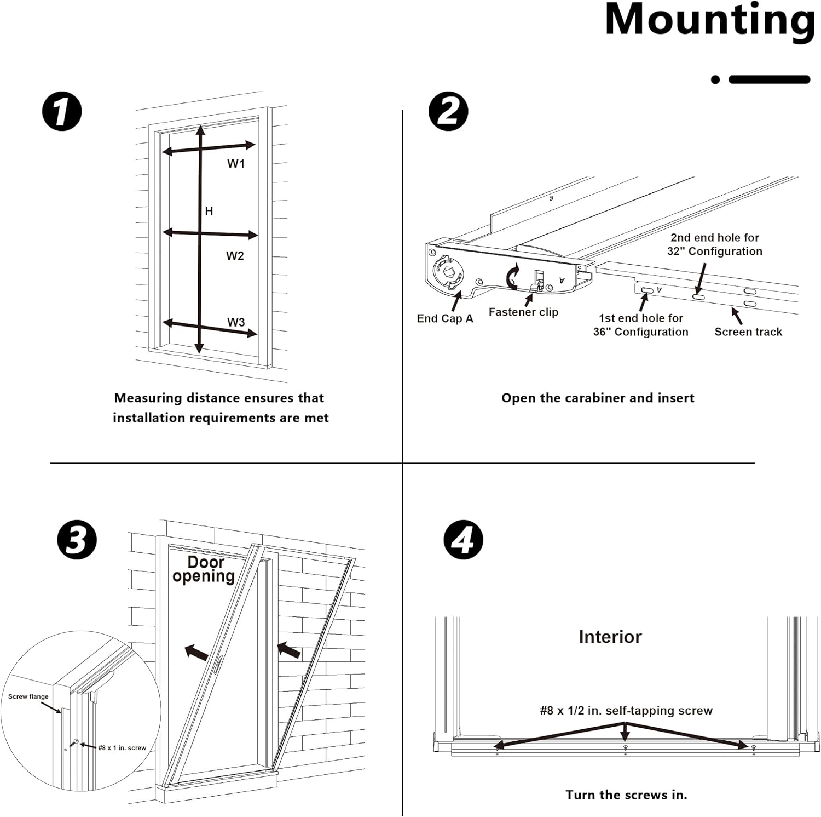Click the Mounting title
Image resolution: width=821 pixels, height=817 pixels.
tap(709, 21)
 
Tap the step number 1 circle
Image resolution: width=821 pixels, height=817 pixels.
tap(62, 111)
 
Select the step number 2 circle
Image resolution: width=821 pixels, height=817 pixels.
tap(448, 111)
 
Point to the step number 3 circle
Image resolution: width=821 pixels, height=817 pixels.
tap(77, 540)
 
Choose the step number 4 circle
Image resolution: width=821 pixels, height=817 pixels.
tap(463, 540)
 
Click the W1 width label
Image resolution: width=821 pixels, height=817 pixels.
tap(236, 164)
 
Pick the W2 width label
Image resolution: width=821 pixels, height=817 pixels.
tap(235, 256)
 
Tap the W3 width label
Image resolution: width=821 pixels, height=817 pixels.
tap(236, 322)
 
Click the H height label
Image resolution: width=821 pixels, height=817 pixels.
tap(209, 212)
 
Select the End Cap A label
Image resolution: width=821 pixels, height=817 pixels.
tap(444, 319)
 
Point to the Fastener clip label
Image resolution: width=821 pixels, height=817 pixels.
tap(523, 312)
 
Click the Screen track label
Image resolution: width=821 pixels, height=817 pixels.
tap(748, 332)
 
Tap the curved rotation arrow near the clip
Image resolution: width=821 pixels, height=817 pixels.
tap(512, 277)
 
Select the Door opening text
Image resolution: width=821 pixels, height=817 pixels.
tap(204, 569)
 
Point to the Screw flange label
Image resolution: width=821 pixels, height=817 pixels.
tap(28, 696)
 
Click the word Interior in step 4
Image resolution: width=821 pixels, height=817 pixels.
tap(610, 637)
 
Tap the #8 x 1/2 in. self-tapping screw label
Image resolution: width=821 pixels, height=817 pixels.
tap(626, 711)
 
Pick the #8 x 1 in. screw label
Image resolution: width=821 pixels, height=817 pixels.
tap(122, 747)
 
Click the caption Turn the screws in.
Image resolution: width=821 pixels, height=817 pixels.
tap(626, 795)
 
